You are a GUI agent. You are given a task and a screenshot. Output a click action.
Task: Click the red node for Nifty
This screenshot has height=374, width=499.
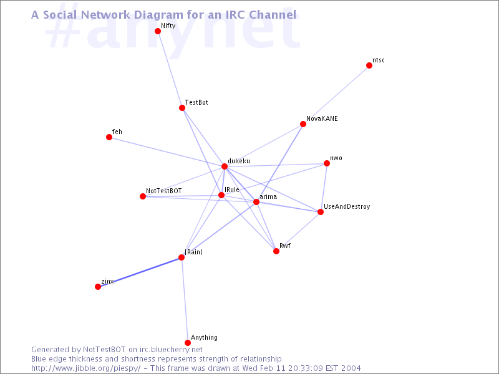[158, 31]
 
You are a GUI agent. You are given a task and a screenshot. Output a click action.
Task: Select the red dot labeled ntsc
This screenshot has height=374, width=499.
[369, 65]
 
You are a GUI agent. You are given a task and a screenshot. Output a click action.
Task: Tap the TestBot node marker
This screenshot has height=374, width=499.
[182, 108]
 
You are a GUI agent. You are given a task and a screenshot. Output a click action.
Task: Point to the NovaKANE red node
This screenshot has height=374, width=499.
[303, 123]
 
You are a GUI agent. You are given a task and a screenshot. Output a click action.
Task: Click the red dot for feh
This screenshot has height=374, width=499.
[109, 137]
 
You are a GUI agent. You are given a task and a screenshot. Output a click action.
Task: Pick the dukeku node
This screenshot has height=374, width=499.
[225, 166]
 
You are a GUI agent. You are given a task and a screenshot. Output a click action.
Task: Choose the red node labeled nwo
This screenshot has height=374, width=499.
[326, 163]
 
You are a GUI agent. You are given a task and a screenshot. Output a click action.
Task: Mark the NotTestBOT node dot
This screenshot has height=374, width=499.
[143, 196]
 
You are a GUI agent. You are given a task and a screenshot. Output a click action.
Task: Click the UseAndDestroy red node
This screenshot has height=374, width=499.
[321, 212]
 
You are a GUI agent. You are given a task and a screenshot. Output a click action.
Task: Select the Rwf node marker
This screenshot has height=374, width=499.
[276, 251]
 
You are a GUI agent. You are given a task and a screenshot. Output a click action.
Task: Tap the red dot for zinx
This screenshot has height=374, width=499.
[98, 287]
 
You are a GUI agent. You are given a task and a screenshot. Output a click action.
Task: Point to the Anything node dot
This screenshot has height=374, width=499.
[188, 342]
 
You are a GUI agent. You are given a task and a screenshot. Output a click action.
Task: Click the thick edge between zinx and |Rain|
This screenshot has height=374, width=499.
[140, 272]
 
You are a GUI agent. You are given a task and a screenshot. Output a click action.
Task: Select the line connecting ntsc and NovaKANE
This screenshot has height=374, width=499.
[336, 95]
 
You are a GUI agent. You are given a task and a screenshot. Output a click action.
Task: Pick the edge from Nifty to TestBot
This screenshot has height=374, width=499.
[170, 69]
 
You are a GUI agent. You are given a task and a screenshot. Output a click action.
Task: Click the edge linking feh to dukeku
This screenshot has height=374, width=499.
[167, 151]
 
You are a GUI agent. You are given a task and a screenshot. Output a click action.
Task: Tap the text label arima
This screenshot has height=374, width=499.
[268, 196]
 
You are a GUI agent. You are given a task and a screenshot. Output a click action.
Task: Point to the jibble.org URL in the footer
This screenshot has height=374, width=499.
[85, 368]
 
